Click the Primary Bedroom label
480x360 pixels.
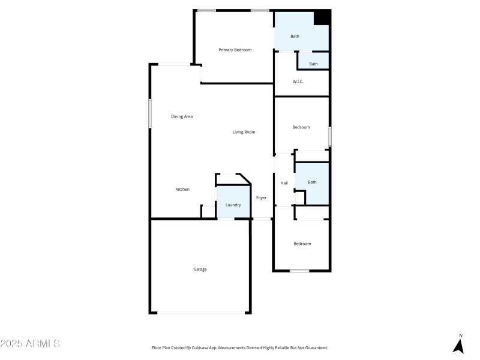(x=235, y=50)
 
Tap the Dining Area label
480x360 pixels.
(x=182, y=116)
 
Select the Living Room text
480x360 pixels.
(x=244, y=132)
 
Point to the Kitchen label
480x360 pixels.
(x=182, y=190)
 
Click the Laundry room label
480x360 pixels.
(x=233, y=205)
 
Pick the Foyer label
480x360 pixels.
(x=262, y=197)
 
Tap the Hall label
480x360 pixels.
(x=284, y=183)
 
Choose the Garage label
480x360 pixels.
(x=200, y=269)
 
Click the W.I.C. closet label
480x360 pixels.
(x=298, y=82)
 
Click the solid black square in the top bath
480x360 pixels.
(x=322, y=18)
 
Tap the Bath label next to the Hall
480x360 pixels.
(x=312, y=182)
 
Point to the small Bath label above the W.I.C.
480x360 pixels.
(x=313, y=64)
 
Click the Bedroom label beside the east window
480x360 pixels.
(x=301, y=127)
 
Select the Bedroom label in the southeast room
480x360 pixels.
(x=302, y=244)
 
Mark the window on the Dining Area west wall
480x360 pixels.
(x=150, y=112)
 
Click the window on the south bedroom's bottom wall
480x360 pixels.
(x=299, y=271)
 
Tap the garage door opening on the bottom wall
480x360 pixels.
(x=200, y=313)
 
